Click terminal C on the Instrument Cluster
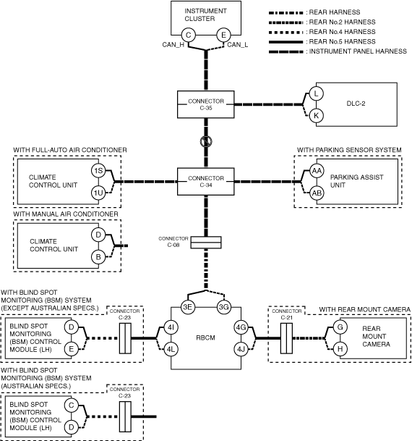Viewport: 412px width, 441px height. click(x=189, y=35)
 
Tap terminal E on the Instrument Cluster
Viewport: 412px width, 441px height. click(x=223, y=35)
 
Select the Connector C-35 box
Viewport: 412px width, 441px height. click(x=206, y=104)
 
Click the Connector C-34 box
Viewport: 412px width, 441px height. click(x=206, y=182)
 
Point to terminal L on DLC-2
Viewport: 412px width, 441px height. click(x=317, y=93)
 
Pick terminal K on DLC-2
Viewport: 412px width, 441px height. click(x=317, y=116)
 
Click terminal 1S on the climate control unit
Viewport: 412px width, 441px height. click(x=98, y=171)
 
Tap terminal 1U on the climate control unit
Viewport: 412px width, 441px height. click(x=98, y=193)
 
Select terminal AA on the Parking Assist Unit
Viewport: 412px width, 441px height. click(x=317, y=171)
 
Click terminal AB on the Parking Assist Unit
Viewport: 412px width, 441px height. click(x=317, y=193)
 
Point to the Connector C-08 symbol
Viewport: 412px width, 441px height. click(x=206, y=243)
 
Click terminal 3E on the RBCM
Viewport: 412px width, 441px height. click(x=187, y=307)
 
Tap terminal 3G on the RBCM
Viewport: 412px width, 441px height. click(x=223, y=307)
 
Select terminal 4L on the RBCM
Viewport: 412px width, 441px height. click(x=171, y=349)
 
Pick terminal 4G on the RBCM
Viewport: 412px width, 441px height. click(x=241, y=327)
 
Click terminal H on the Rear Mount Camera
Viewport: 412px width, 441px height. click(x=340, y=349)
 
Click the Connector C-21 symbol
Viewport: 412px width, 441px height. click(x=286, y=338)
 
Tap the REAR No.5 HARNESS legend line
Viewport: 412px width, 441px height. click(x=286, y=42)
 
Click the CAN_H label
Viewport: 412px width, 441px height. click(x=173, y=45)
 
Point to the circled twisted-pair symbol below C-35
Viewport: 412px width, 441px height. click(x=206, y=141)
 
